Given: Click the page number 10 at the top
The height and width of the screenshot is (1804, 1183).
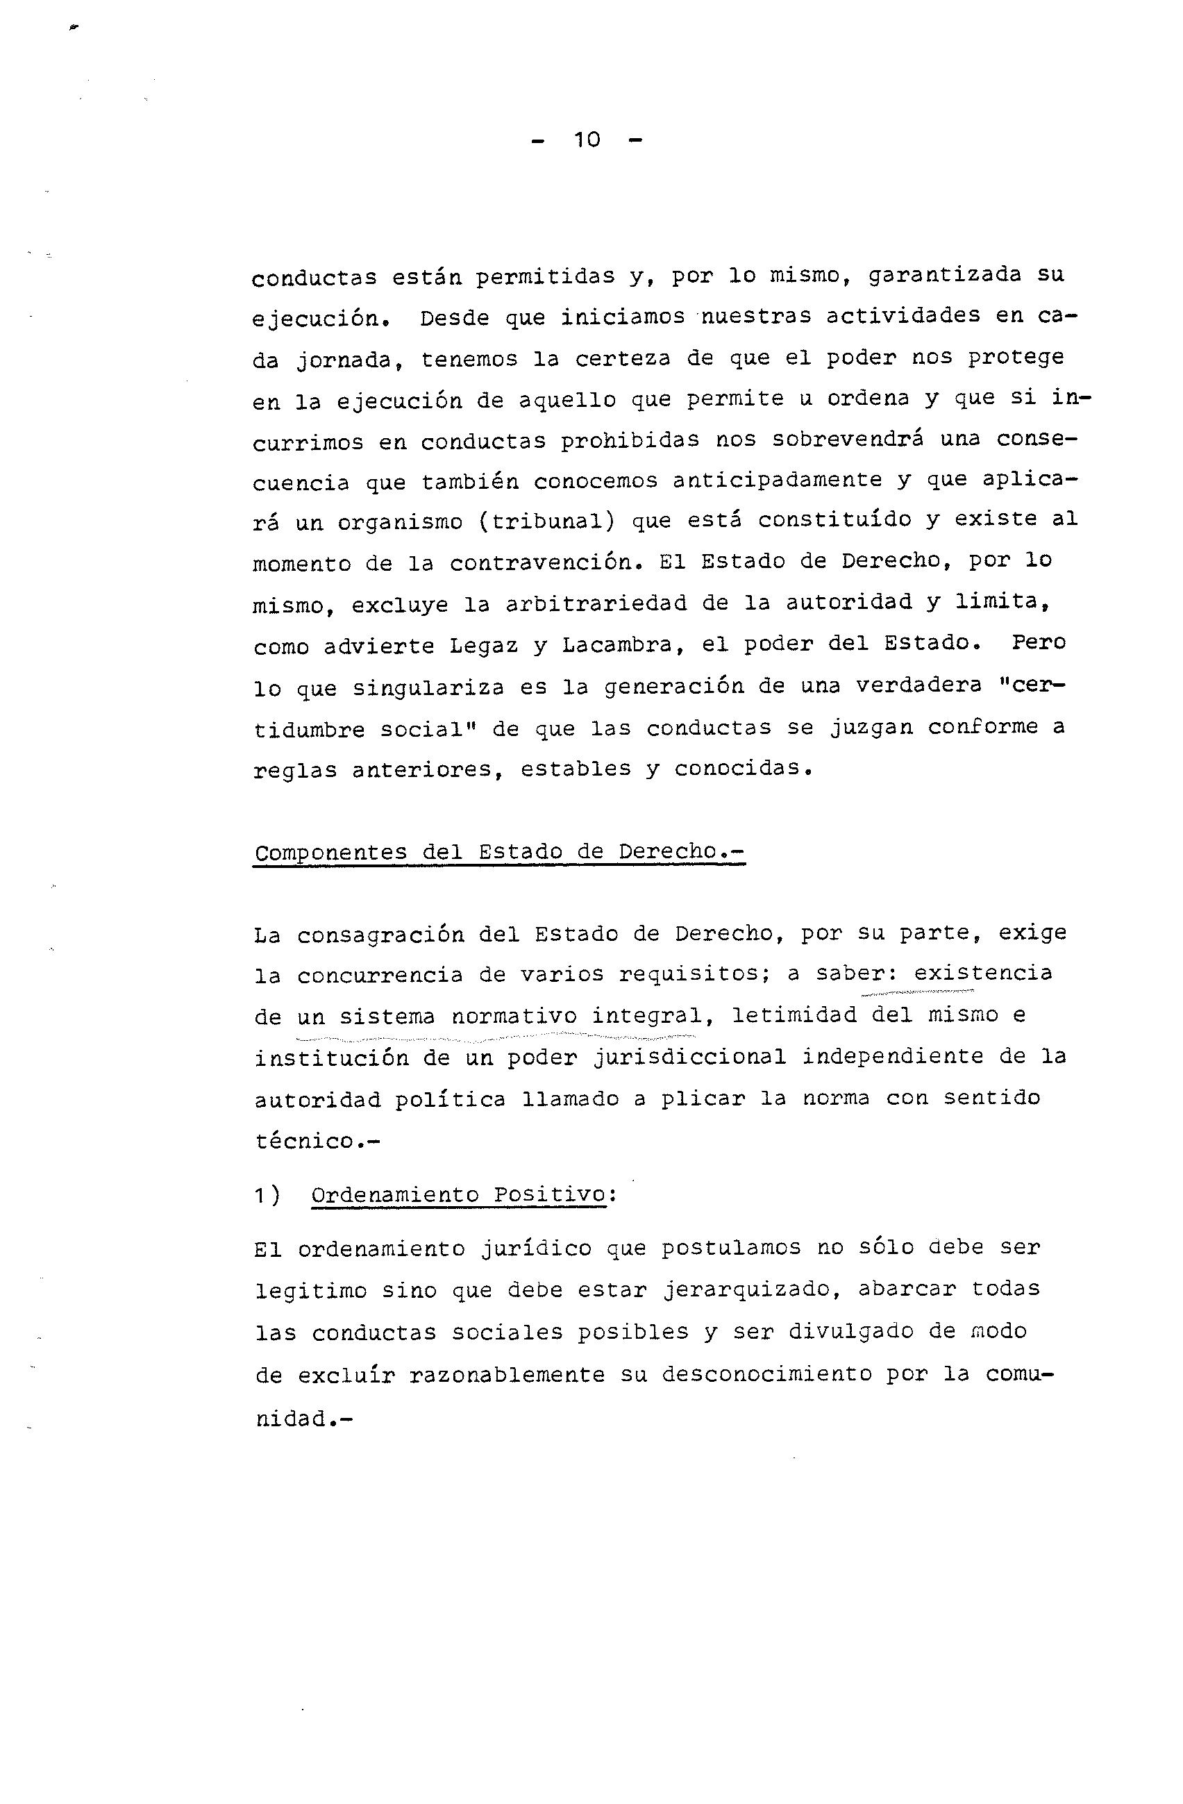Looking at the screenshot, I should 587,140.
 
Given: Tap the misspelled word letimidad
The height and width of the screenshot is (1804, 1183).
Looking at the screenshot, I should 794,1015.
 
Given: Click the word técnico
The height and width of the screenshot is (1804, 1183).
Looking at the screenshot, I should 305,1141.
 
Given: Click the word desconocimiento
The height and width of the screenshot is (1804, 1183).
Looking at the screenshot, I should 766,1374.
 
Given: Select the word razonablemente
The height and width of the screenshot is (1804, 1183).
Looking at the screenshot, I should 507,1374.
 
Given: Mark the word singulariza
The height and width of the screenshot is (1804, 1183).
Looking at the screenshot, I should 428,688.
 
